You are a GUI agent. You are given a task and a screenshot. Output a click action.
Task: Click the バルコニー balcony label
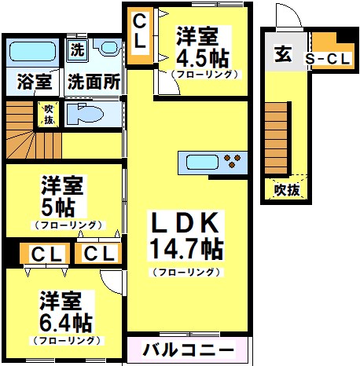pyautogui.click(x=188, y=350)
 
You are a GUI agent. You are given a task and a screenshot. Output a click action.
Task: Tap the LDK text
pyautogui.click(x=185, y=225)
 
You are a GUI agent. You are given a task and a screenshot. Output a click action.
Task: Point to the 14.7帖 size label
pyautogui.click(x=186, y=251)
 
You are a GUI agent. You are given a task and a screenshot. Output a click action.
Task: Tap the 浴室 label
pyautogui.click(x=33, y=81)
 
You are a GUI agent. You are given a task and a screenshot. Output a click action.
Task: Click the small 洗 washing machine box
pyautogui.click(x=77, y=49)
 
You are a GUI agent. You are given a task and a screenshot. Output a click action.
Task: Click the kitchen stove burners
pyautogui.click(x=233, y=163)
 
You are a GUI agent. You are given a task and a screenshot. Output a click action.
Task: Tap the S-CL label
pyautogui.click(x=328, y=59)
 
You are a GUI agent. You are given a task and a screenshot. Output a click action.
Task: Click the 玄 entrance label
pyautogui.click(x=283, y=54)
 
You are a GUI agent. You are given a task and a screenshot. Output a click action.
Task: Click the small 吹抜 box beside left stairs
pyautogui.click(x=49, y=115)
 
